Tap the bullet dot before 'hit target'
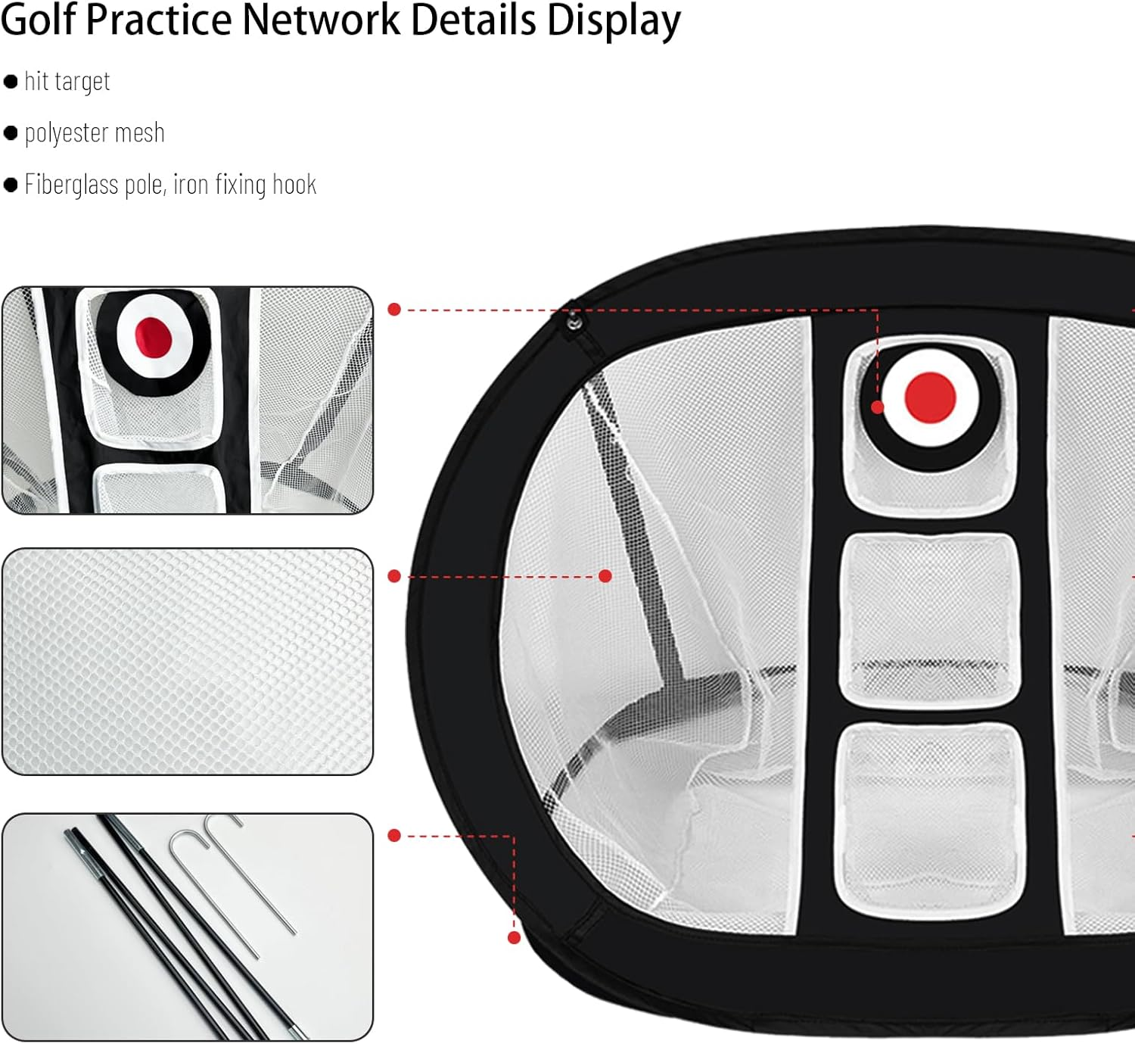tap(11, 82)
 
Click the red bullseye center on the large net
tap(930, 397)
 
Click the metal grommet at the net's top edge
tap(574, 323)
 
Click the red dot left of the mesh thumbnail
tap(394, 576)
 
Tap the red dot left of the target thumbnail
tap(394, 309)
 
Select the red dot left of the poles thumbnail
tap(394, 835)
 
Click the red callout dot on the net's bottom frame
tap(515, 937)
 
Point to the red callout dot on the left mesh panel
tap(605, 576)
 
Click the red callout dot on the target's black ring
tap(878, 407)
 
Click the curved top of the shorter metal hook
tap(182, 836)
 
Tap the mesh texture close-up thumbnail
tap(188, 661)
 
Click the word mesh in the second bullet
tap(140, 134)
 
